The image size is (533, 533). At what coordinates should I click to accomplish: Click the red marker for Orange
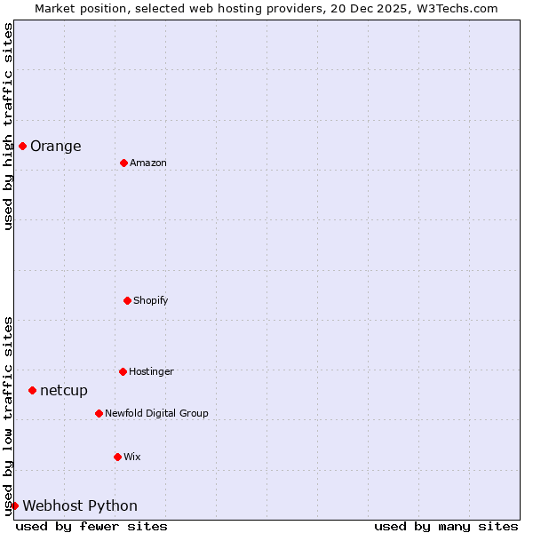(22, 146)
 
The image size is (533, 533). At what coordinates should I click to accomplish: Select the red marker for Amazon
(123, 163)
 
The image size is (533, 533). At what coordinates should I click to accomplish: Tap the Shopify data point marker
(127, 300)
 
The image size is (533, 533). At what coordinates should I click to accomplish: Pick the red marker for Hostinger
(123, 371)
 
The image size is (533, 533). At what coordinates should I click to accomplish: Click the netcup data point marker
(32, 390)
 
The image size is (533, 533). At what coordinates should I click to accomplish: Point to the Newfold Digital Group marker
(99, 413)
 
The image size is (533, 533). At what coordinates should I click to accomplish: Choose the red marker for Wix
(117, 457)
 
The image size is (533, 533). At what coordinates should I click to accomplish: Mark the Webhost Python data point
(14, 505)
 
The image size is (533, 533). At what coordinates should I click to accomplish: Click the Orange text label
(55, 147)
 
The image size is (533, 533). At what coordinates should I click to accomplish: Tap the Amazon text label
(148, 163)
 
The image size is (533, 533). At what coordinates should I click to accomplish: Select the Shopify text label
(151, 301)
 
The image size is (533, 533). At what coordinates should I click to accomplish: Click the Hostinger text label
(151, 372)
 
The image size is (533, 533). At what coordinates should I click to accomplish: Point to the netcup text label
(64, 391)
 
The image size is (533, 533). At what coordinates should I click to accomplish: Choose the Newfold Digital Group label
(156, 414)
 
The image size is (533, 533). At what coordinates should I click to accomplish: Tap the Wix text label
(132, 457)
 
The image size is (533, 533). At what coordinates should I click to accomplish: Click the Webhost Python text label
(80, 506)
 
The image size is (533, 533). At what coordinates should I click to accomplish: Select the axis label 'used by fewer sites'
(91, 527)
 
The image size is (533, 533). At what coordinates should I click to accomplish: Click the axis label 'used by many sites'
(446, 527)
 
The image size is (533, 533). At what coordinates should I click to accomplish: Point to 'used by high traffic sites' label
(8, 126)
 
